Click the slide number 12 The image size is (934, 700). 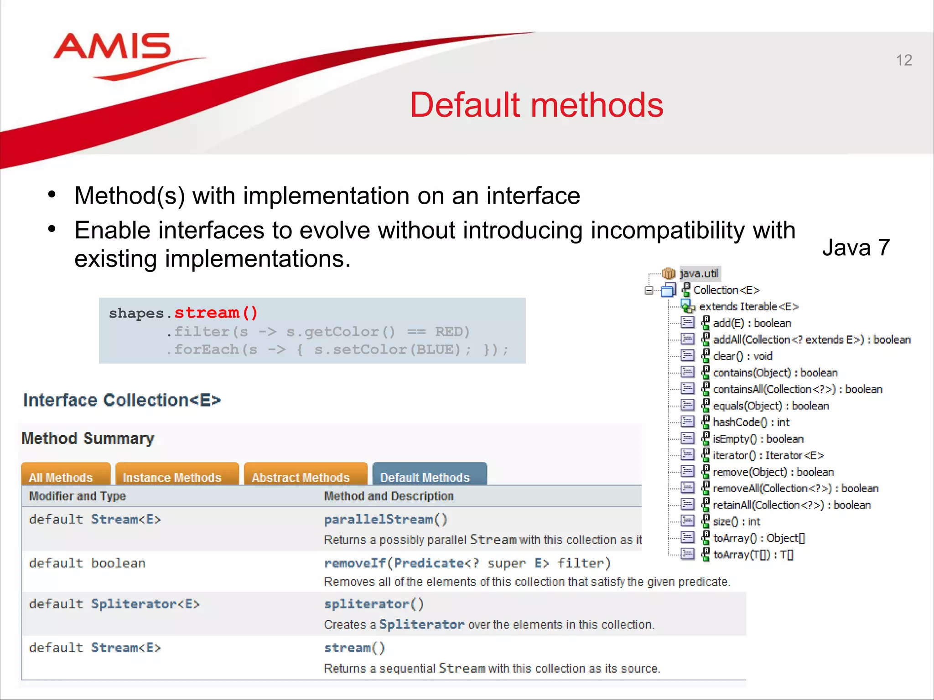pos(903,60)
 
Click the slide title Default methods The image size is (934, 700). pos(536,105)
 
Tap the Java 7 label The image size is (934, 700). pos(856,248)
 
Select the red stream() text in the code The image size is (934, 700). pos(216,313)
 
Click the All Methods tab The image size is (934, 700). pos(61,477)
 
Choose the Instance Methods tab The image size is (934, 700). pos(172,477)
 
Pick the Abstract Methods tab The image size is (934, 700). pos(301,477)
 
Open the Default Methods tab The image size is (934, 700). pos(425,477)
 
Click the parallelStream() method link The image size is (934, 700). pos(385,520)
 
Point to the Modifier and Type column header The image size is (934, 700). pos(78,496)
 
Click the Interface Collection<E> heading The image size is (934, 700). pos(122,400)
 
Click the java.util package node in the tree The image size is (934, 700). pos(699,273)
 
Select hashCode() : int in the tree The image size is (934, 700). pos(751,422)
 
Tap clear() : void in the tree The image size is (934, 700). pos(742,356)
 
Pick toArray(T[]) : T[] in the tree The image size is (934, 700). pos(753,555)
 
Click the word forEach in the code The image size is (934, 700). pos(207,350)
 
